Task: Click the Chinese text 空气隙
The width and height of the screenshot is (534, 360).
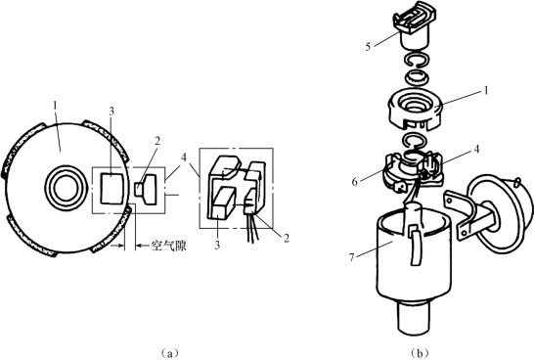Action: pos(169,246)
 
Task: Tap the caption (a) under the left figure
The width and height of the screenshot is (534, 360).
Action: pos(168,352)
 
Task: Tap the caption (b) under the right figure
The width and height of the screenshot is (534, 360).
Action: pos(420,352)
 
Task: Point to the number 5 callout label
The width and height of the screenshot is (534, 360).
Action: pos(368,47)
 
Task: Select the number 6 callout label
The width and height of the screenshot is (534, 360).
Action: pos(354,182)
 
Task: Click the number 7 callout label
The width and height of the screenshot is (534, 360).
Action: pos(352,257)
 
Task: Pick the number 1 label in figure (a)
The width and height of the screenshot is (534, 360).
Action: pos(55,106)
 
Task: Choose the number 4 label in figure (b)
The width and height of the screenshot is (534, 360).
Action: pos(477,149)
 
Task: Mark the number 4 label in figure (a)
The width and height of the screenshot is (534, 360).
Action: pos(184,157)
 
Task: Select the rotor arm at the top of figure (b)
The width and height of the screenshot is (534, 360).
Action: pos(414,29)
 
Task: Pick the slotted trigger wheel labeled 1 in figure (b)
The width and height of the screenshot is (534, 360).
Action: pos(415,110)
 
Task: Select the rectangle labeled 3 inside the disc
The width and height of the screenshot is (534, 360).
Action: pos(112,188)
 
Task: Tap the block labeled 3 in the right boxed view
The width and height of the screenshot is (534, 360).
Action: pos(222,203)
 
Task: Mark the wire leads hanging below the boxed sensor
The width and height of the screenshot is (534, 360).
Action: pos(252,228)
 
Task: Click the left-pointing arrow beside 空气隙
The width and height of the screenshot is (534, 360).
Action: pos(143,246)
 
